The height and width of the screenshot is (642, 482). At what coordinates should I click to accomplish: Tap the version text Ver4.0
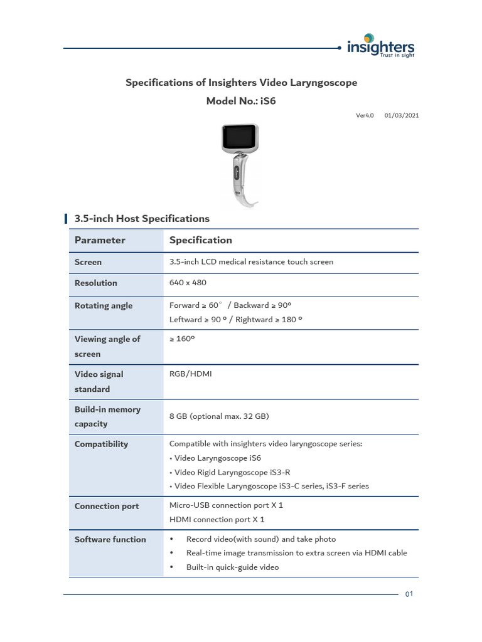coord(365,115)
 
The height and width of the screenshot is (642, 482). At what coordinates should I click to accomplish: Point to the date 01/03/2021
coord(402,115)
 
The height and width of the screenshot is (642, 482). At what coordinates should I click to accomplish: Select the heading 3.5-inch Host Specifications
coord(142,219)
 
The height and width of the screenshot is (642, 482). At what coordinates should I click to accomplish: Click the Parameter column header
coord(100,240)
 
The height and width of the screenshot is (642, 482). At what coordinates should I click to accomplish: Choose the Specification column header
coord(201,240)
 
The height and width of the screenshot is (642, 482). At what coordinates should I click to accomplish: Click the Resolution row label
coord(96,283)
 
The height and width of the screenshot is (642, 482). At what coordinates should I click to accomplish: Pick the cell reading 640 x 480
coord(188,283)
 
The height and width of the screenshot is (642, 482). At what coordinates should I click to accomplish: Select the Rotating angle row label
coord(104,306)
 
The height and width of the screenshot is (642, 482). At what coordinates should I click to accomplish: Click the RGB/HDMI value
coord(191,374)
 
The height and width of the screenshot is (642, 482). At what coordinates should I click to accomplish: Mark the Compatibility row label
coord(101,444)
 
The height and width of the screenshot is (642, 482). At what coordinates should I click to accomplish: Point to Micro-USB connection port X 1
coord(226,505)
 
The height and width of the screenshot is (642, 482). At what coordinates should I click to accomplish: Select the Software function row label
coord(110,539)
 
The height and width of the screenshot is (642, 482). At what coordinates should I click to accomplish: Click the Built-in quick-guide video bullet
coord(232,567)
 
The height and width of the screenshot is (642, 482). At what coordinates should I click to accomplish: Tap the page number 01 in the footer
coord(409,595)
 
